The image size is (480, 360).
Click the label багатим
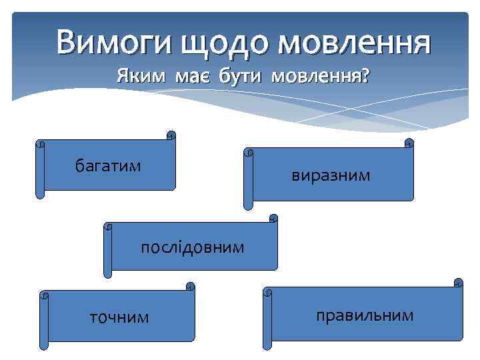tap(108, 165)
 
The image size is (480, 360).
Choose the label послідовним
tap(192, 247)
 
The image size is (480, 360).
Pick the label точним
tap(119, 317)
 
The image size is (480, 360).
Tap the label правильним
tap(365, 314)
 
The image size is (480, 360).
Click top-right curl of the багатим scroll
tap(171, 135)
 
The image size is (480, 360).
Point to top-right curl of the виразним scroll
tap(409, 143)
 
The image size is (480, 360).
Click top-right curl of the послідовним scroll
tap(273, 218)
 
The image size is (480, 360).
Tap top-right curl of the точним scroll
tap(190, 287)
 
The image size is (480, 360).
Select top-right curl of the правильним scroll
tap(458, 283)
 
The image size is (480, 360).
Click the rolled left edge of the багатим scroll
tap(40, 170)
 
